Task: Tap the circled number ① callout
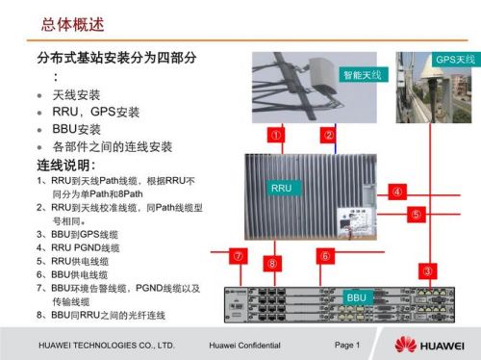point(276,135)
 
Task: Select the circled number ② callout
point(328,135)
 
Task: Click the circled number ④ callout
point(395,191)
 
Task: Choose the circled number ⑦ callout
point(237,256)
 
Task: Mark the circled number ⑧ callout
point(274,263)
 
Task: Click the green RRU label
point(280,187)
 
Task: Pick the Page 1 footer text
point(346,345)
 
